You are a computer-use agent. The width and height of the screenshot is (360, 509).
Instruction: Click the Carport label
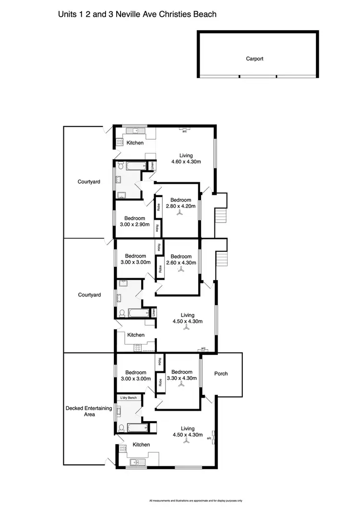tap(255, 59)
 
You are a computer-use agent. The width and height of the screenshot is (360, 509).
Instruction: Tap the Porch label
tap(221, 374)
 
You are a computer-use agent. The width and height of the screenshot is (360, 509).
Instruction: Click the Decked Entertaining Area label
tap(89, 411)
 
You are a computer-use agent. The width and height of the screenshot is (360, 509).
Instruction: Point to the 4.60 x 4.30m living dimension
tap(186, 162)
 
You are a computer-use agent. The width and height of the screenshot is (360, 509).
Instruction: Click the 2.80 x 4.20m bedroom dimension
tap(179, 206)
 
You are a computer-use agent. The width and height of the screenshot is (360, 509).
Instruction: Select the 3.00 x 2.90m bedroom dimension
tap(135, 225)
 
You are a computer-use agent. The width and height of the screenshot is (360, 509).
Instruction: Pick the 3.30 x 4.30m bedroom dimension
tap(181, 378)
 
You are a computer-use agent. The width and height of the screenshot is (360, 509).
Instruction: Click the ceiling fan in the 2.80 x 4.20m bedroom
tap(179, 214)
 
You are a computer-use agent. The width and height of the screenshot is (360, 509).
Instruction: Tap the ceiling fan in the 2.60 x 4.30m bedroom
tap(182, 270)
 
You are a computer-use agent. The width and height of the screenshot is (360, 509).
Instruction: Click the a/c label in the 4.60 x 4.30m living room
tap(185, 131)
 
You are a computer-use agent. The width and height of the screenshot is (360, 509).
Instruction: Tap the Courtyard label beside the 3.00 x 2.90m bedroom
tap(89, 182)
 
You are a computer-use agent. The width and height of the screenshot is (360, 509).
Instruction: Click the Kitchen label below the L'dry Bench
tap(141, 445)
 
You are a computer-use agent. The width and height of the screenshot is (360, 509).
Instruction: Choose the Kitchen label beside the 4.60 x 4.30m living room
tap(135, 143)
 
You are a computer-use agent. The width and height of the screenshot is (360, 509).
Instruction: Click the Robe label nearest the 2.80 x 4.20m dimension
tap(157, 208)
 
